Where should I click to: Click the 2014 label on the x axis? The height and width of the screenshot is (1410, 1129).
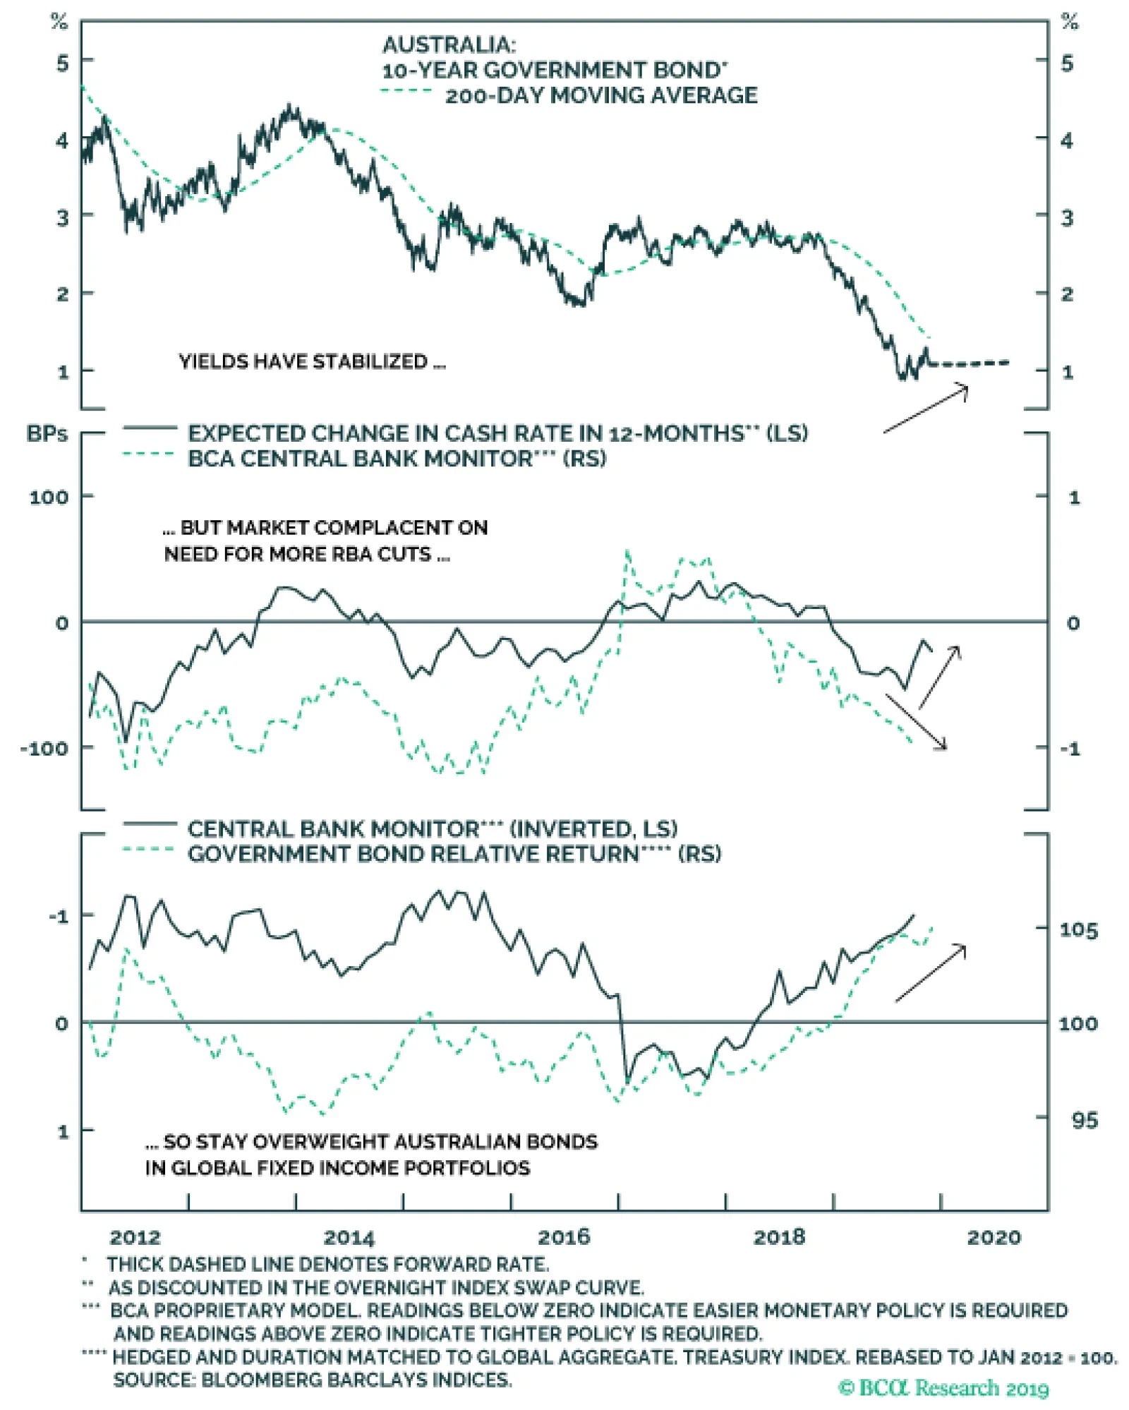click(349, 1237)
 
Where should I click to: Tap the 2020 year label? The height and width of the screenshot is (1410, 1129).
click(994, 1237)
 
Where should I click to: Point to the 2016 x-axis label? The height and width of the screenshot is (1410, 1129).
click(564, 1237)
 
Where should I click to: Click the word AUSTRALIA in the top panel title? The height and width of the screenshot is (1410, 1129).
click(449, 45)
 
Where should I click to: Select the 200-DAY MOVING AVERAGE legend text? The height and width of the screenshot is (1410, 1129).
click(601, 95)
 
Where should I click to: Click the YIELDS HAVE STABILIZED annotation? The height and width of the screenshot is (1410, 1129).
click(312, 362)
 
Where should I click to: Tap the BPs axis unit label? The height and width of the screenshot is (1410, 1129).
click(47, 433)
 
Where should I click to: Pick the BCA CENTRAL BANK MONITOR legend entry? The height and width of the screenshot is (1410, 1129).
click(397, 459)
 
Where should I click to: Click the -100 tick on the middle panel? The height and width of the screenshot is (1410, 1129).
click(44, 748)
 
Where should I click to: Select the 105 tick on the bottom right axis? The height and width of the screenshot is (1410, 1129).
click(1078, 930)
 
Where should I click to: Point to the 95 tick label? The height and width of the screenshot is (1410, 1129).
click(1085, 1120)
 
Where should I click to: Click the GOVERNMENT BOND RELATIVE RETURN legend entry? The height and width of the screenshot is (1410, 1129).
click(454, 854)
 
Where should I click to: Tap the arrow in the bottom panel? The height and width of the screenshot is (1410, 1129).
click(930, 972)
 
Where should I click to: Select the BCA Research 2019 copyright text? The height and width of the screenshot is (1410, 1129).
click(943, 1387)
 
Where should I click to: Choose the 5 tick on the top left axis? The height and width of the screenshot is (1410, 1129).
click(63, 63)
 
